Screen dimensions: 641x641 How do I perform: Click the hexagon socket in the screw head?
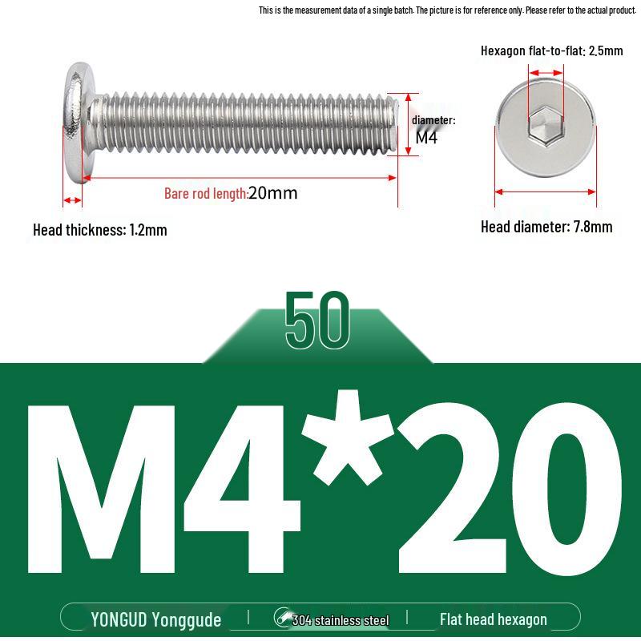pyautogui.click(x=546, y=126)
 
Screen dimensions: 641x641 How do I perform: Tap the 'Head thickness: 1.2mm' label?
pyautogui.click(x=100, y=230)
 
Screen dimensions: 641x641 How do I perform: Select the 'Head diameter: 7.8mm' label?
pyautogui.click(x=546, y=227)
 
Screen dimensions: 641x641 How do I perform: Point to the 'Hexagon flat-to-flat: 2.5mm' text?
pyautogui.click(x=551, y=51)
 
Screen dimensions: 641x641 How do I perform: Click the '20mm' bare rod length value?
pyautogui.click(x=272, y=193)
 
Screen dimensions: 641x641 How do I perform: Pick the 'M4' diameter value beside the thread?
pyautogui.click(x=426, y=137)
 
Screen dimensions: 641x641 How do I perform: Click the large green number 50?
pyautogui.click(x=317, y=320)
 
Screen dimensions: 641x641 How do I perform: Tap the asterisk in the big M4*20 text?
pyautogui.click(x=348, y=437)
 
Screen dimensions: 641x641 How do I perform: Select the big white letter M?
pyautogui.click(x=102, y=489)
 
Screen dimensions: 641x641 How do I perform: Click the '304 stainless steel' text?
pyautogui.click(x=340, y=620)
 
